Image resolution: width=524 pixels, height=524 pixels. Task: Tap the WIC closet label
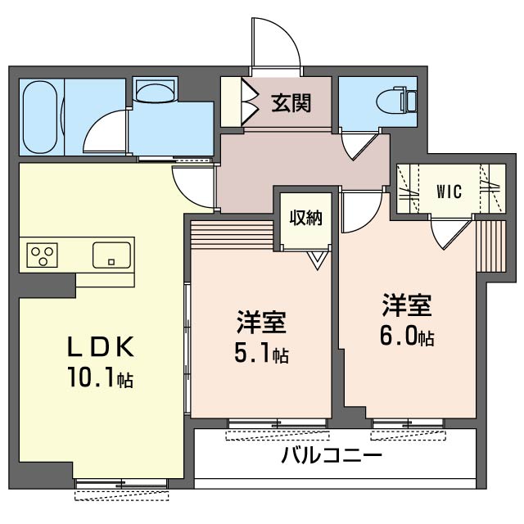coord(448,192)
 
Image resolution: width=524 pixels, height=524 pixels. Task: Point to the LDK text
coord(100,347)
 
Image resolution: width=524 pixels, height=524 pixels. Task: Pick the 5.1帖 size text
coord(262,355)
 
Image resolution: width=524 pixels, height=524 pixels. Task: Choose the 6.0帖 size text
coord(406,337)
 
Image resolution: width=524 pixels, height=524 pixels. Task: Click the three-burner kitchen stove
coord(40,255)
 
